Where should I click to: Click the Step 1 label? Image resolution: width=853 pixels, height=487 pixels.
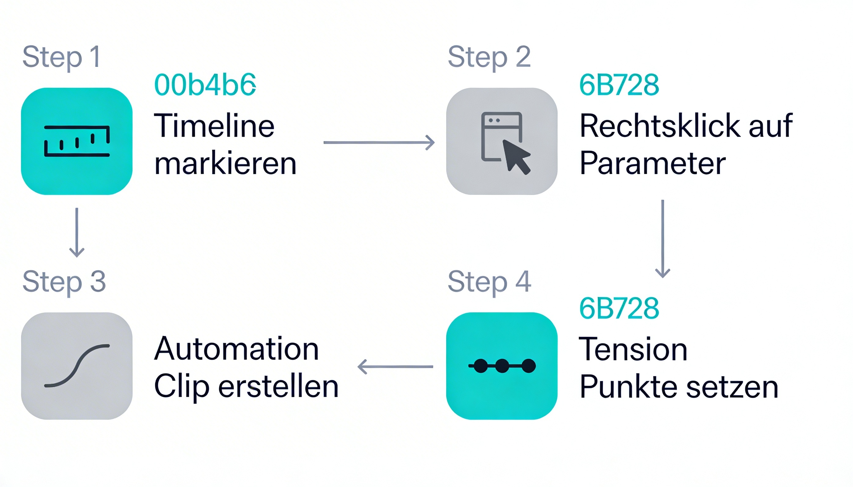61,57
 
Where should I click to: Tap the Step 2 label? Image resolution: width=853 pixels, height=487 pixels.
489,57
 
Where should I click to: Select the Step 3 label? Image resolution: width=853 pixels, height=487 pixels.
64,282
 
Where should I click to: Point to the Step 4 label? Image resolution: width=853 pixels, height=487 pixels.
489,282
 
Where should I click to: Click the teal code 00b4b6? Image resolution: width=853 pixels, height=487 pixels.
205,85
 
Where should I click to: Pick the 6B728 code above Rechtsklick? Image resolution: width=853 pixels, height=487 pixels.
619,85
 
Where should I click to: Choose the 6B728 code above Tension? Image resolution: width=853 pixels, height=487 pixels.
619,308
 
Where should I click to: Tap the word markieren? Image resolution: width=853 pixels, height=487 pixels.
225,164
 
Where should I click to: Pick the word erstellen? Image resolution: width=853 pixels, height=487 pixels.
279,387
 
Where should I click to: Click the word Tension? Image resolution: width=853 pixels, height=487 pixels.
633,349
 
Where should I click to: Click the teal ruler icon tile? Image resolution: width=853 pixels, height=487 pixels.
77,141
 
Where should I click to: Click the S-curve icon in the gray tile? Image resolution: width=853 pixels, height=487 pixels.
77,366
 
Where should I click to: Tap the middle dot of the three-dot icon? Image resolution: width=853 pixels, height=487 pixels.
502,366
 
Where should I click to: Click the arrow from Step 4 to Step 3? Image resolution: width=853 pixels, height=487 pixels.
395,367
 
